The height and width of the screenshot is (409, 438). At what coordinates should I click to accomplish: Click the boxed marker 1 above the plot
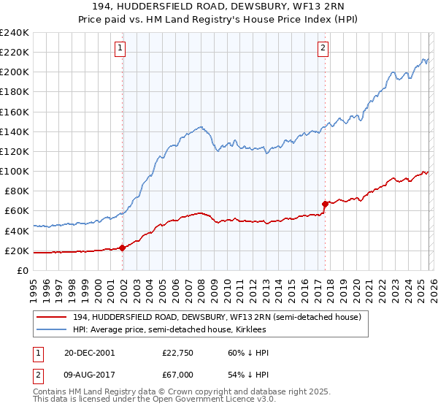(x=120, y=49)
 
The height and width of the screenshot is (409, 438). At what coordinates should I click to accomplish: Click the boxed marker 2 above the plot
(x=323, y=49)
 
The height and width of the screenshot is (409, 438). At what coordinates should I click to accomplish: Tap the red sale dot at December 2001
(x=122, y=248)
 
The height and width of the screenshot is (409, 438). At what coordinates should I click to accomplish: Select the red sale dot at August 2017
(x=324, y=204)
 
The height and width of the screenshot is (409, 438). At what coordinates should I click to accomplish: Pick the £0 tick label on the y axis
(x=22, y=270)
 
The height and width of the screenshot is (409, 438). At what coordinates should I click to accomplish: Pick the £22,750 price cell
(x=177, y=353)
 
